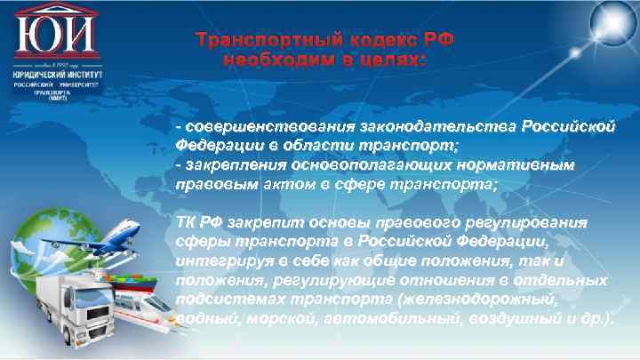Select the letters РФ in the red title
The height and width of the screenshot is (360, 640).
coord(437,39)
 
